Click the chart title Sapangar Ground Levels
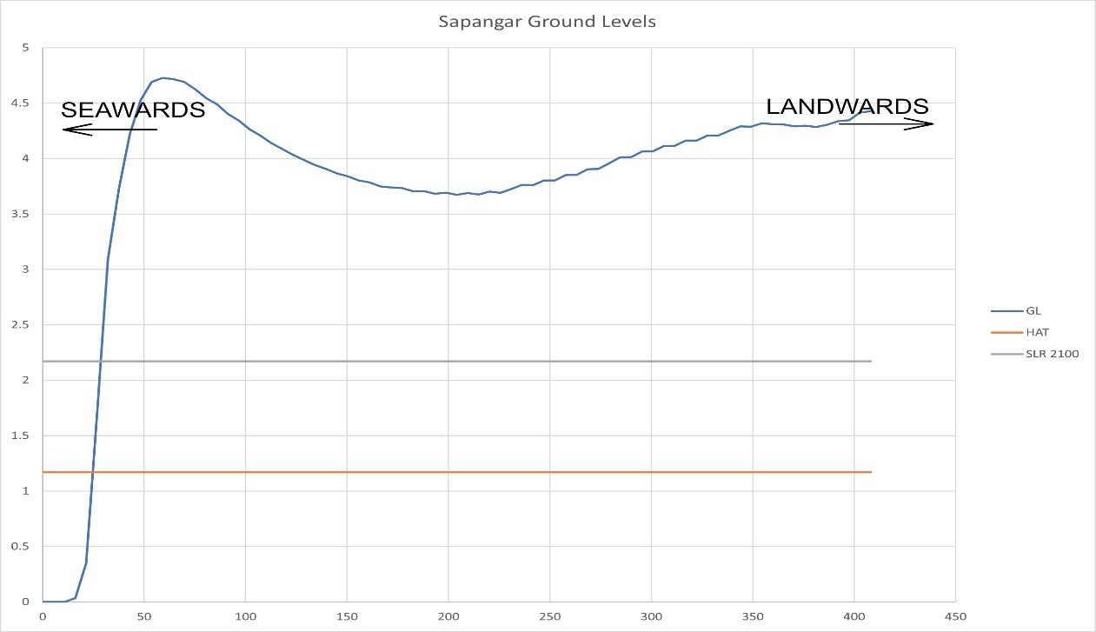pos(548,22)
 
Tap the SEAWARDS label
pos(133,110)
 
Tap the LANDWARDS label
pos(847,106)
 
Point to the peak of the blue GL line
pos(163,78)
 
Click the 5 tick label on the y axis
pos(26,48)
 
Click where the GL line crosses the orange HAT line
pos(92,472)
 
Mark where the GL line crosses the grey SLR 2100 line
pos(100,362)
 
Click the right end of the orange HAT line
pos(870,472)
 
